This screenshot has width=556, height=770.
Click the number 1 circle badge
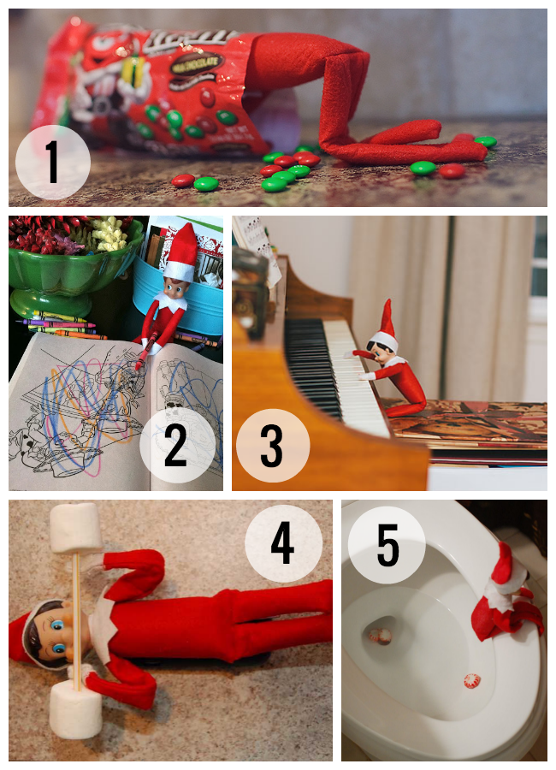click(53, 162)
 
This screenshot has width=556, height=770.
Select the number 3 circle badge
click(273, 447)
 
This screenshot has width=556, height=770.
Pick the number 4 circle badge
click(283, 543)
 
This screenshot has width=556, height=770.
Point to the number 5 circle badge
click(387, 545)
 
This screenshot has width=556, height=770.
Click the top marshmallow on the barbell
click(75, 527)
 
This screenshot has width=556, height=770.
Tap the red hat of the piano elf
click(387, 318)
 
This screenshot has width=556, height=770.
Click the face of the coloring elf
click(177, 278)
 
